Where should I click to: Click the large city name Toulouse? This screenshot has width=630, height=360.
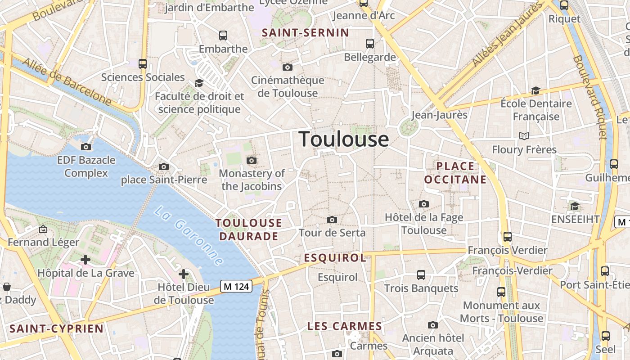coord(344,139)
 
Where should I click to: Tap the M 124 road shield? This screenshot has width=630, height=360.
coord(236,286)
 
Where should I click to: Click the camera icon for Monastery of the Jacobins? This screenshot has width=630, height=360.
coord(252,160)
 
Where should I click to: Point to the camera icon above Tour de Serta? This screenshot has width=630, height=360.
coord(332,220)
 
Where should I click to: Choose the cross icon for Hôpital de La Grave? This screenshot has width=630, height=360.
coord(85,260)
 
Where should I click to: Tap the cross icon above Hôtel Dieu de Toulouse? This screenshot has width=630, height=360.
coord(184,274)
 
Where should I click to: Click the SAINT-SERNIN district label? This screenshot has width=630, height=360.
coord(306,32)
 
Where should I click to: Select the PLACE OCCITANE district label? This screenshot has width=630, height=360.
coord(455,173)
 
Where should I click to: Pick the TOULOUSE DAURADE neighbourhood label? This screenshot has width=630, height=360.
coord(249,229)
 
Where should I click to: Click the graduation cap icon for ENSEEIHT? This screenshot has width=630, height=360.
coord(575,206)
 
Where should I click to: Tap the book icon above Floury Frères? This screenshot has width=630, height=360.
coord(524,136)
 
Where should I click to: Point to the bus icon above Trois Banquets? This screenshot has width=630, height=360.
coord(421,274)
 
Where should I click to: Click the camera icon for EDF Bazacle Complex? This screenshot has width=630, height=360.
coord(86,147)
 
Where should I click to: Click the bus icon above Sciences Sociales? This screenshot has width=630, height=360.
coord(143,64)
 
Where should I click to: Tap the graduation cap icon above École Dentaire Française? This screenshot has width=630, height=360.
coord(535,90)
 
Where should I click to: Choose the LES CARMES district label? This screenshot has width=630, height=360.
coord(345,326)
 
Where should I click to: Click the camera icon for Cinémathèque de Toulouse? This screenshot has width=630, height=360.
coord(287,67)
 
